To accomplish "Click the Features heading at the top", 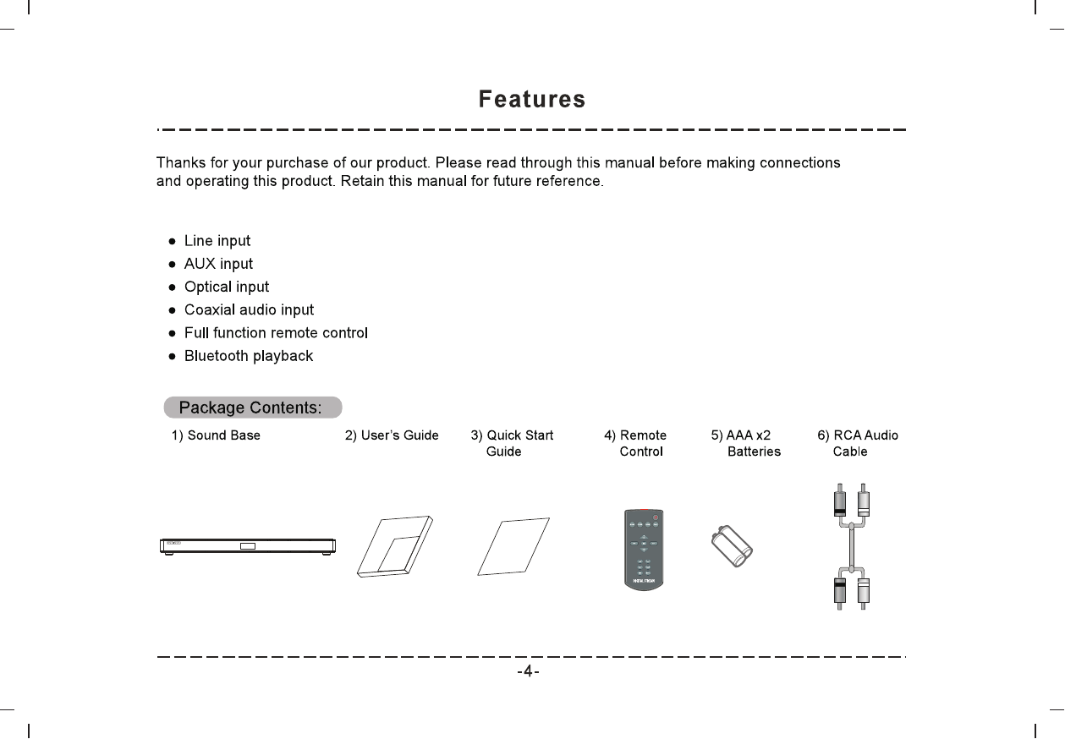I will [531, 100].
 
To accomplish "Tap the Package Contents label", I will [251, 408].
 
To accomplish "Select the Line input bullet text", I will [217, 241].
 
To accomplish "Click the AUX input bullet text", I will [218, 264].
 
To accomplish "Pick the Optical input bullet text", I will [227, 287].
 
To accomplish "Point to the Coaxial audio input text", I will [249, 310].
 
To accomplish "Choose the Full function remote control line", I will [276, 333].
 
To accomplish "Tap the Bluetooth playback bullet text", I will [249, 356].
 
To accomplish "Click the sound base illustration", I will [248, 545].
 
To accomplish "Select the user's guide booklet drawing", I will [394, 546].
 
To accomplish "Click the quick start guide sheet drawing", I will [513, 546].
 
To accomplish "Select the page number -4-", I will [529, 672].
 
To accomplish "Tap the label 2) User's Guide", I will [392, 435].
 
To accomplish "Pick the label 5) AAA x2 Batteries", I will [745, 443].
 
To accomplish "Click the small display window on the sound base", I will [247, 545].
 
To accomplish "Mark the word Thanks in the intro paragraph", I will [178, 162].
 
